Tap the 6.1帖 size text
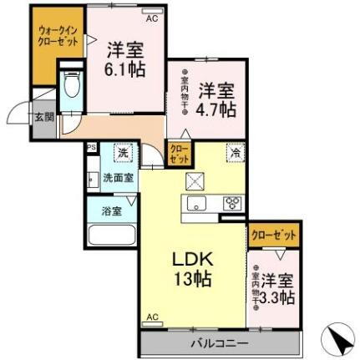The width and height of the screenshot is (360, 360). (124, 69)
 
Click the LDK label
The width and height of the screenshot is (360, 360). (195, 259)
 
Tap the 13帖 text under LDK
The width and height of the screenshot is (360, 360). (195, 280)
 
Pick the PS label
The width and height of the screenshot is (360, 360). (91, 148)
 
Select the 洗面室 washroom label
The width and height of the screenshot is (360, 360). (115, 178)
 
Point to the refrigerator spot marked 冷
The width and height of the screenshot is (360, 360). (236, 153)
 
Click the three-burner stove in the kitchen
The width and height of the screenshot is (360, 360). (231, 203)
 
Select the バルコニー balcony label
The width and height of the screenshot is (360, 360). (217, 342)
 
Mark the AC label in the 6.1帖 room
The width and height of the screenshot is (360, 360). (151, 18)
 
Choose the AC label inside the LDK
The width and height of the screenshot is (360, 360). (153, 316)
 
